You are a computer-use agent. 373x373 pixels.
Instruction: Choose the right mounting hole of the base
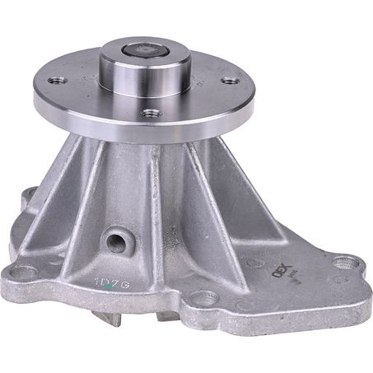347,263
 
